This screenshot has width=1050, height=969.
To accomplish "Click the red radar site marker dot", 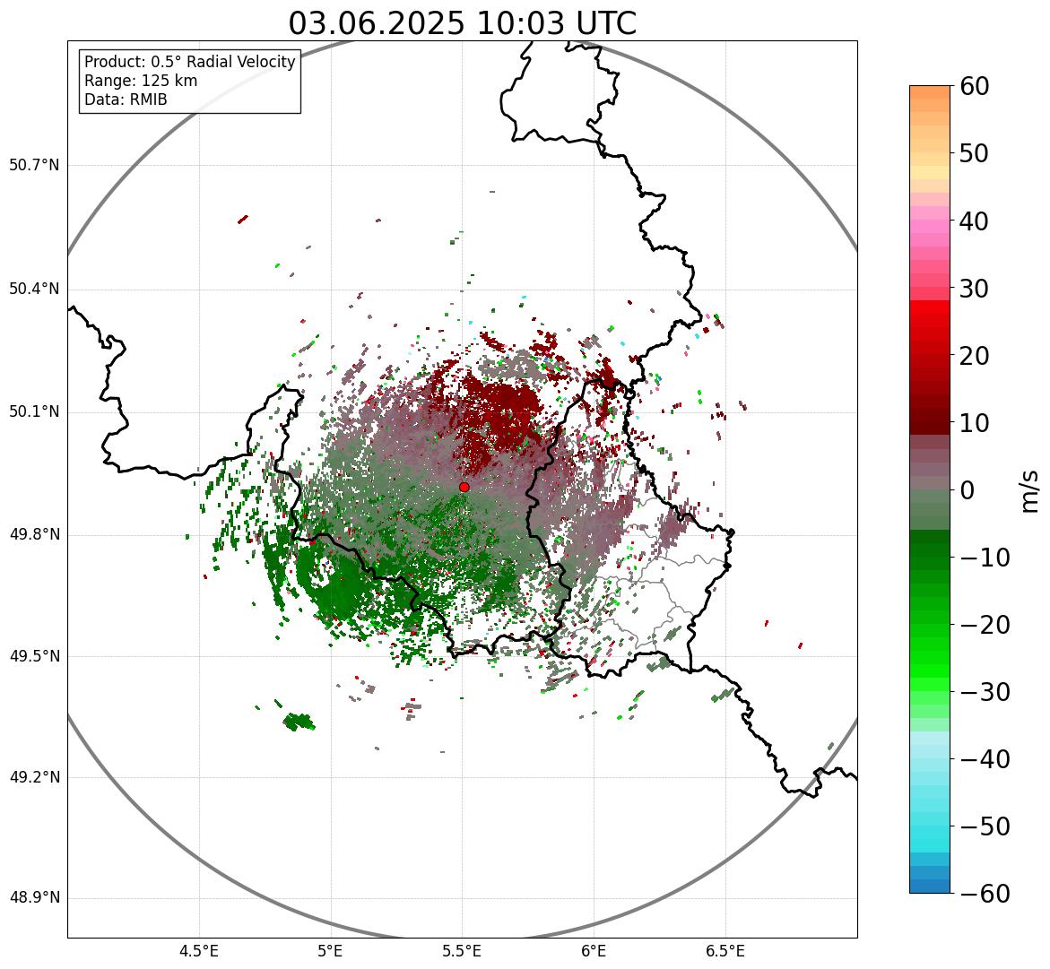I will coord(464,487).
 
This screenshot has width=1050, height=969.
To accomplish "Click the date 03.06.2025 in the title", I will coord(377,23).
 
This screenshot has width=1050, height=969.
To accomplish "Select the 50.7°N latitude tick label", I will coord(34,166).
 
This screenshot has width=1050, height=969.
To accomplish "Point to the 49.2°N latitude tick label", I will coord(34,777).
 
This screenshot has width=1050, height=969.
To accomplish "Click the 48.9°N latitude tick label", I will coord(34,898).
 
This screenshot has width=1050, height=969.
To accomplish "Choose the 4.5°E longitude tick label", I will coord(199,951).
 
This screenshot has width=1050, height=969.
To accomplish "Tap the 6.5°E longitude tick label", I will coord(725,951).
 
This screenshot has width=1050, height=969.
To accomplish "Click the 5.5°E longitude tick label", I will coord(462,951).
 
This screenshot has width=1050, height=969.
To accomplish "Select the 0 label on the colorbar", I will coord(968,490).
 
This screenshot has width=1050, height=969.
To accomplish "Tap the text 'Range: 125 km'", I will coord(141,81).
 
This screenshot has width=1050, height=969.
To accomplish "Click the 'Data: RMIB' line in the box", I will coord(126,99).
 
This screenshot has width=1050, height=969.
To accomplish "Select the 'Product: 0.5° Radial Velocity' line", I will coord(189,62).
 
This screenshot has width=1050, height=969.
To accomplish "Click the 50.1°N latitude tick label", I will coord(34,412).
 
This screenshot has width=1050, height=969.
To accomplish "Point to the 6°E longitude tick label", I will coord(594,951).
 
